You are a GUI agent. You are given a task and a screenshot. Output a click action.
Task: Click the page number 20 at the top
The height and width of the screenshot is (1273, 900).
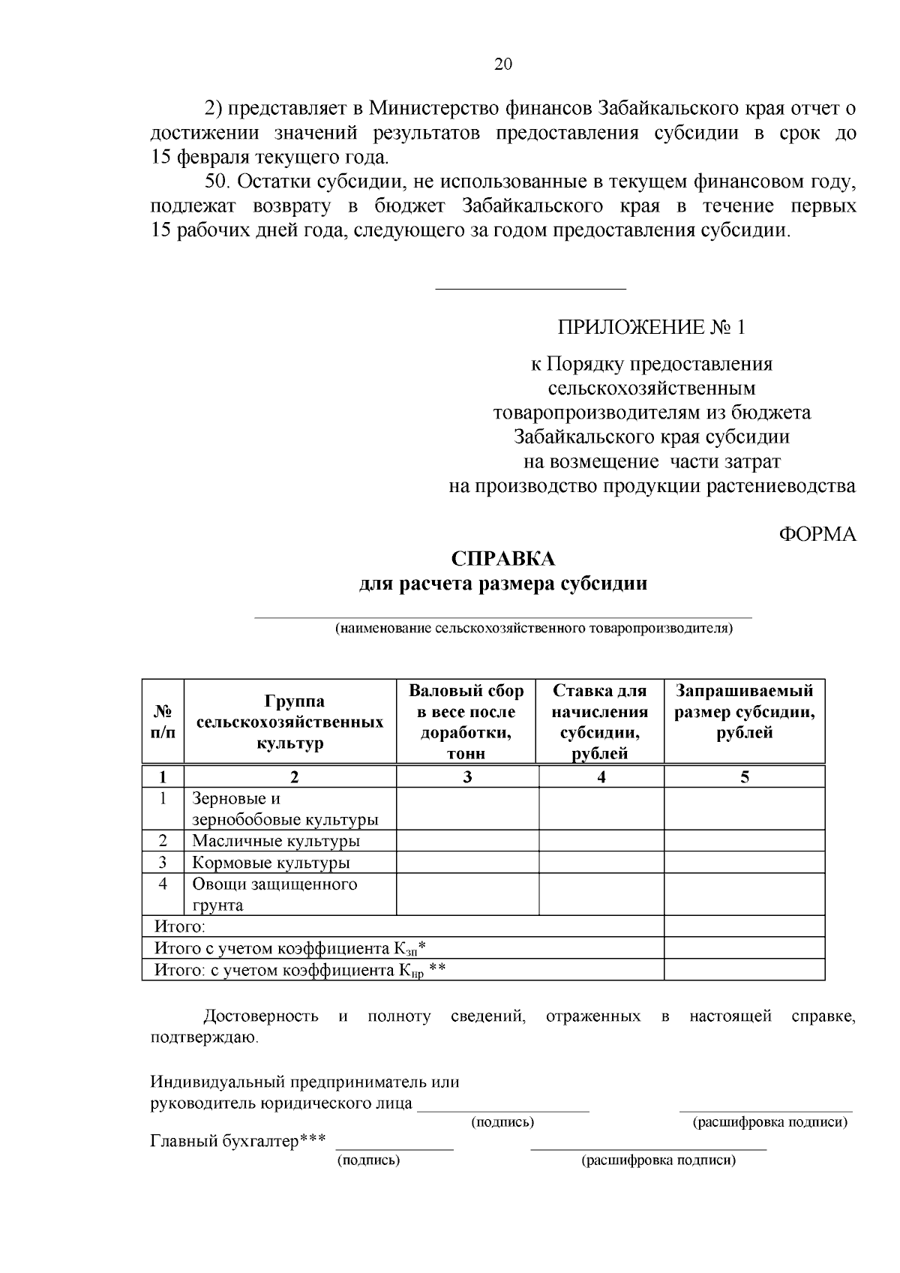click(502, 65)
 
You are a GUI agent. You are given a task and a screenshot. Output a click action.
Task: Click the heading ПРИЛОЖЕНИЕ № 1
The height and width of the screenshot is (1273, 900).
click(652, 328)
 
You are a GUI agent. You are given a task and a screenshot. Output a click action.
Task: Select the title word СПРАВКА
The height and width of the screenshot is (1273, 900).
click(503, 559)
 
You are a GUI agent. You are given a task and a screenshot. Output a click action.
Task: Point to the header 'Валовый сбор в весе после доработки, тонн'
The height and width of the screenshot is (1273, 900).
click(466, 722)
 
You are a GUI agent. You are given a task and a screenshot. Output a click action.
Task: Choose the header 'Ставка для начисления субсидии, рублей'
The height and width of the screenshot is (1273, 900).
click(600, 722)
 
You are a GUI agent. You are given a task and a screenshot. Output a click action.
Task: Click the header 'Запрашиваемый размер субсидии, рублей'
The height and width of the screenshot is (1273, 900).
click(744, 711)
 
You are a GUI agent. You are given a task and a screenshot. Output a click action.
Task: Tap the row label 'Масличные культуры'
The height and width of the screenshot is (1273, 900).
click(276, 841)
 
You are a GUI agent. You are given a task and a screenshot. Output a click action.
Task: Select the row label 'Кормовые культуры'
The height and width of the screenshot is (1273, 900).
click(271, 863)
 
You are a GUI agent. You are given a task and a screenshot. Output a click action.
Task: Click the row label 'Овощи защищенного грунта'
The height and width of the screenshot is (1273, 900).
click(274, 894)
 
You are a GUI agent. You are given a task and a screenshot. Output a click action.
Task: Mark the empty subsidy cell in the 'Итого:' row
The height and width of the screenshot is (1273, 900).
click(744, 927)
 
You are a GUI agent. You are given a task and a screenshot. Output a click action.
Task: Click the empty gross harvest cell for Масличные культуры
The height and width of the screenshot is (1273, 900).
click(466, 841)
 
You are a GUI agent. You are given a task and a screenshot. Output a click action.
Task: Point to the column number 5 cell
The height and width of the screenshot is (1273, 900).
click(744, 777)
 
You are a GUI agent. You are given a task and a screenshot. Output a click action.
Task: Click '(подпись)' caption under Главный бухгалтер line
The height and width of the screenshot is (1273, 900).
click(369, 1160)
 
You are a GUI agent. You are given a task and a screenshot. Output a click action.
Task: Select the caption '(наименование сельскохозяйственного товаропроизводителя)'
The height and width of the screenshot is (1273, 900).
click(534, 629)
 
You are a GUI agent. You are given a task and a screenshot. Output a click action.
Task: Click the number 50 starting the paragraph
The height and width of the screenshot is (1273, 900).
click(215, 182)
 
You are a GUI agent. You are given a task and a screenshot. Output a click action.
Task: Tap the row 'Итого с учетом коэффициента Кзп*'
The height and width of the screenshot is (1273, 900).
click(290, 949)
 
